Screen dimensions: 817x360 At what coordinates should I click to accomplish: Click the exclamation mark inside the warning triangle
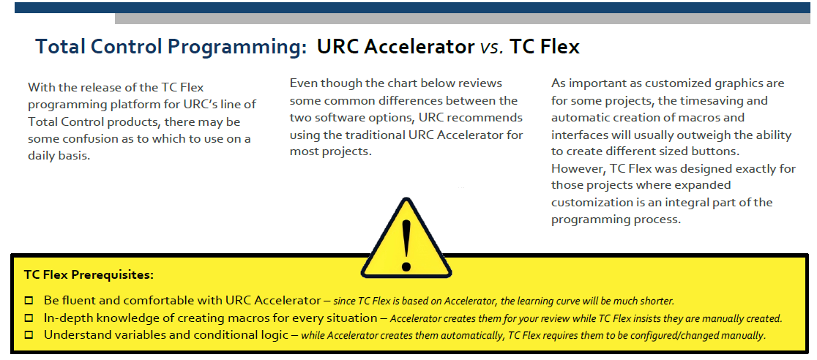coord(406,244)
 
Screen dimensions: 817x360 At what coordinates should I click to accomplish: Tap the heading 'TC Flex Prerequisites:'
coord(89,274)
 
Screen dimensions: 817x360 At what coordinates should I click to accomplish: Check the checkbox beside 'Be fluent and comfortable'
coord(29,301)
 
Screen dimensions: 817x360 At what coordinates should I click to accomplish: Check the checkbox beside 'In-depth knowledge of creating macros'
coord(29,318)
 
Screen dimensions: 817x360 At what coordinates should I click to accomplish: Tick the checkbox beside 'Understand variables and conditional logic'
coord(29,334)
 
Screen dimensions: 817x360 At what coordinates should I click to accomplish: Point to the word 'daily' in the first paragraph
coord(42,157)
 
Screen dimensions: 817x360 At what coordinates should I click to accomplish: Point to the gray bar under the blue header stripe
coord(463,19)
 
